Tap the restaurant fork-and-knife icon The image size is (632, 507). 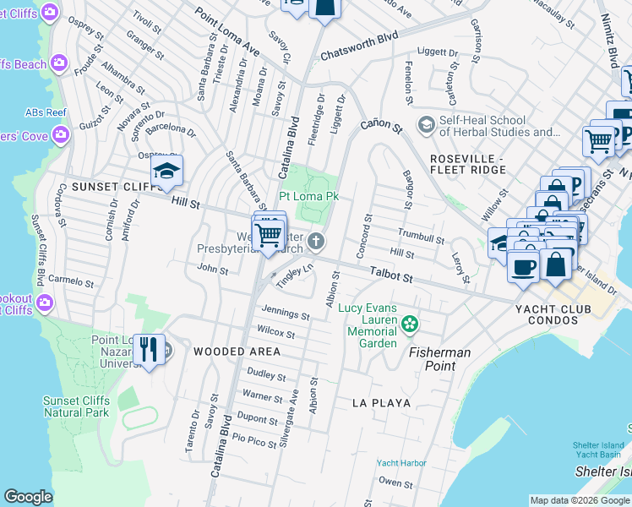click(149, 347)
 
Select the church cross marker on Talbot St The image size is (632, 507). click(315, 243)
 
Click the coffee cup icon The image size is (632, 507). click(523, 266)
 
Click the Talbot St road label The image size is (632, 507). click(390, 275)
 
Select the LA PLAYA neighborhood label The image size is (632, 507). click(382, 403)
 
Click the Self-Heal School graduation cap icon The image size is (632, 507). click(426, 125)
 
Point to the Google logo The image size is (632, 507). click(28, 497)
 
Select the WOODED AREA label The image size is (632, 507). click(237, 352)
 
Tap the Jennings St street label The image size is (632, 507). click(286, 314)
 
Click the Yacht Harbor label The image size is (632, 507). click(401, 463)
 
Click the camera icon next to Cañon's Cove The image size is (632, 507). click(59, 134)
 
